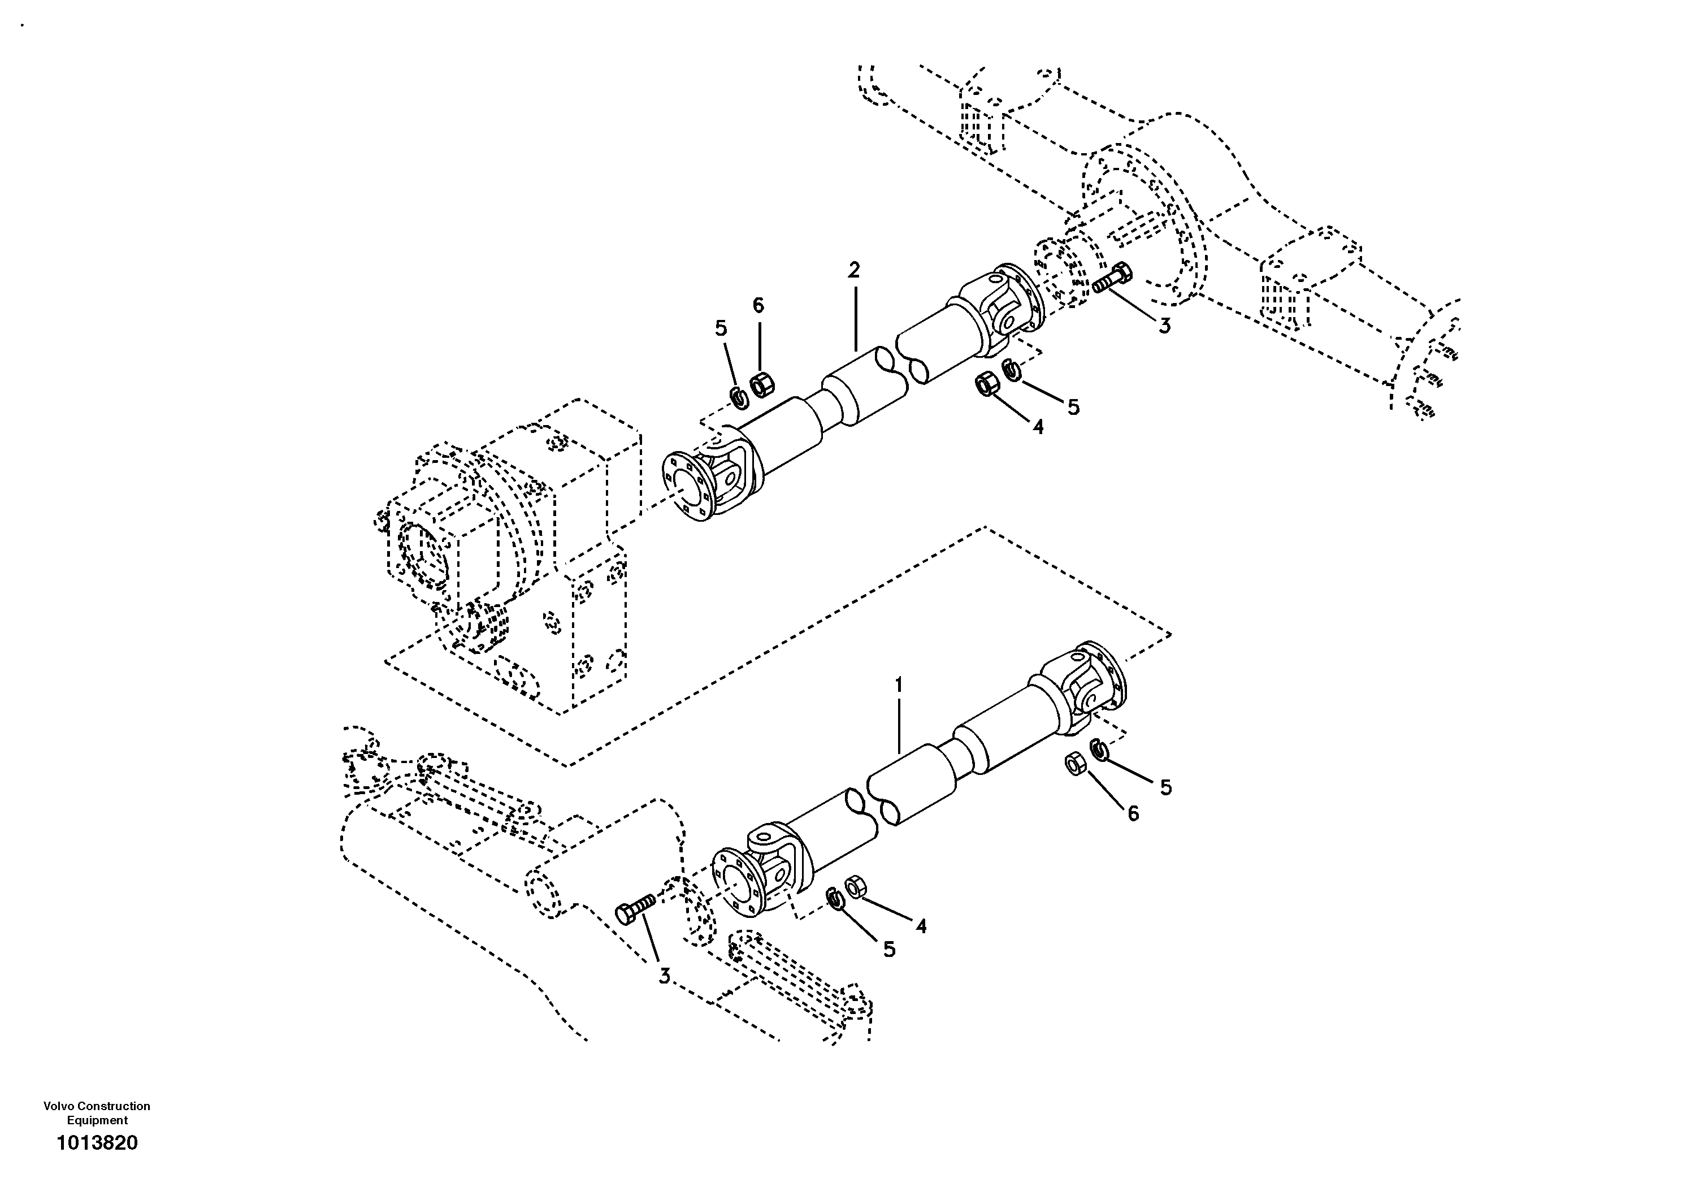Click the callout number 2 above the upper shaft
[x=853, y=270]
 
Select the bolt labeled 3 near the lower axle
[x=634, y=910]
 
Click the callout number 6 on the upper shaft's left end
[x=758, y=306]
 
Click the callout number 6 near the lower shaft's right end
[x=1133, y=813]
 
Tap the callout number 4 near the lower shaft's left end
[x=921, y=927]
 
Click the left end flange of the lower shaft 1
[x=737, y=882]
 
